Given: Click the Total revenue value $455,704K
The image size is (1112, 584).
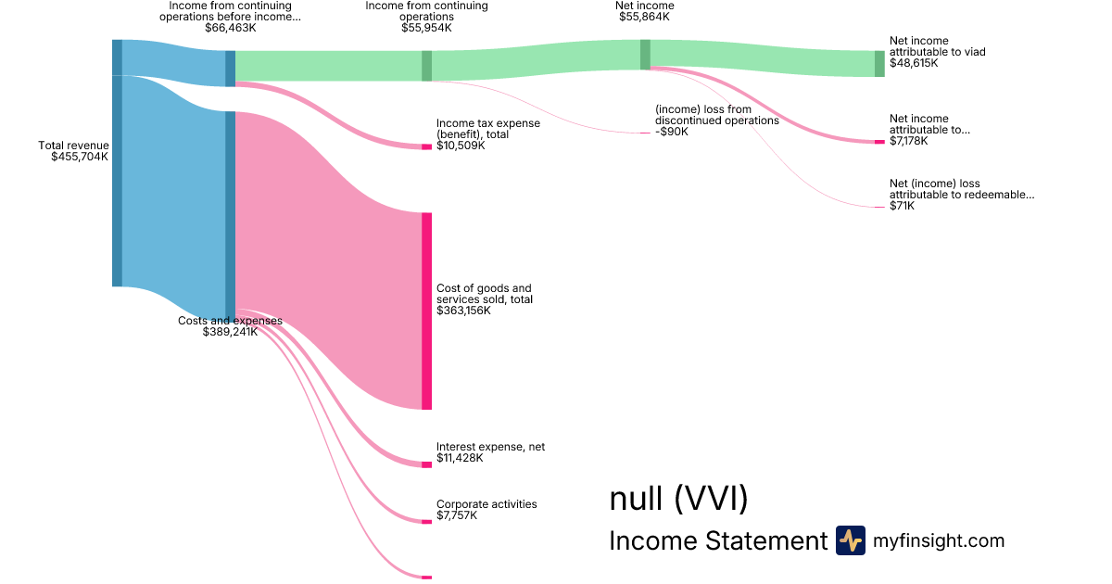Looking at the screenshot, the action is click(x=80, y=157).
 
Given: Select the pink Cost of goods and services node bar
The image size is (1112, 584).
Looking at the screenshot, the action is click(x=426, y=311).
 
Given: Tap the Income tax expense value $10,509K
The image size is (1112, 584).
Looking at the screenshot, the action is click(x=461, y=146).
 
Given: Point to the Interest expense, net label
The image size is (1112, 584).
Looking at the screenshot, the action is click(x=490, y=447).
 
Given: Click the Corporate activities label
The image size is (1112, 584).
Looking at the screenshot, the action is click(x=486, y=504).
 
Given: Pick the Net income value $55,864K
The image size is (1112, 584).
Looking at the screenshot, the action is click(x=646, y=17).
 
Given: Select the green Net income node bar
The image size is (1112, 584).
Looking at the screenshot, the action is click(x=645, y=55).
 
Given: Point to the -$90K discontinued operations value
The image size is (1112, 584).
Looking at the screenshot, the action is click(x=671, y=132).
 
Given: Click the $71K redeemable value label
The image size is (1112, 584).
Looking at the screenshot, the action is click(x=902, y=206).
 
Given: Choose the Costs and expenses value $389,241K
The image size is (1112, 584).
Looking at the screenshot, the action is click(x=230, y=332).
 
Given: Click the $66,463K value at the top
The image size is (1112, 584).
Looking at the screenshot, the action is click(x=230, y=29).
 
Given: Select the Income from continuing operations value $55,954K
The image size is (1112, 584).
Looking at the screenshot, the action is click(x=426, y=29).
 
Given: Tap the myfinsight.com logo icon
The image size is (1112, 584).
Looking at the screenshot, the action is click(x=850, y=540).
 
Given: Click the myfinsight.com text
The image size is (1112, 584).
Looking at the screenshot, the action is click(x=939, y=540).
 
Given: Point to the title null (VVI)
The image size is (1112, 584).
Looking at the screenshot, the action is click(x=678, y=500).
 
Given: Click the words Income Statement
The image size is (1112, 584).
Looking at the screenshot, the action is click(x=717, y=541).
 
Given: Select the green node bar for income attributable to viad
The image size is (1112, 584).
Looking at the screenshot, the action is click(x=879, y=63).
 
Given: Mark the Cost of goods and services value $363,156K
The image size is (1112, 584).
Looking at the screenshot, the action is click(x=463, y=311).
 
